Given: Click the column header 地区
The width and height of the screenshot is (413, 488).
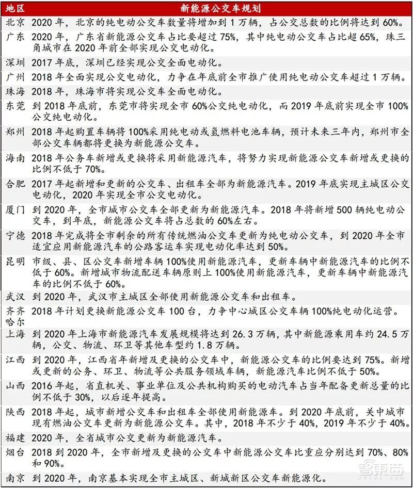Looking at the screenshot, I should [x=14, y=9].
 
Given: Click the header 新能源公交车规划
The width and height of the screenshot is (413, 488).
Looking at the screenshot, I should [x=219, y=9].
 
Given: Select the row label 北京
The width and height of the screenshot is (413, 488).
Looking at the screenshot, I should [x=14, y=23].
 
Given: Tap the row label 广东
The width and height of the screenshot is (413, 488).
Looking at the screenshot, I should [x=14, y=37].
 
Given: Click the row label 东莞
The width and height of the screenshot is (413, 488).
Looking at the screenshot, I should [x=14, y=106].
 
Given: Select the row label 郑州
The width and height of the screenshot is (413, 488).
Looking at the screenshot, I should [x=14, y=132].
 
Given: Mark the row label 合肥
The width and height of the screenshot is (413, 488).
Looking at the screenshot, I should [x=14, y=184].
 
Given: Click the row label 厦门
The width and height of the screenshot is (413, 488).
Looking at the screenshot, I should [x=14, y=209].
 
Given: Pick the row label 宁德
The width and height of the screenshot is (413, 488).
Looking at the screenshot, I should [x=14, y=235].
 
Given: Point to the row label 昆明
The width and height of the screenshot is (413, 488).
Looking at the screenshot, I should [x=14, y=261].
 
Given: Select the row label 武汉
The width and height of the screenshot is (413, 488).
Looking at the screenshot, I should [x=14, y=297].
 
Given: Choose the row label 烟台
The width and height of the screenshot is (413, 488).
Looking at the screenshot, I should [x=14, y=452].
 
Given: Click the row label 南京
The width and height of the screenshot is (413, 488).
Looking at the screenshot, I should [x=14, y=476].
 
